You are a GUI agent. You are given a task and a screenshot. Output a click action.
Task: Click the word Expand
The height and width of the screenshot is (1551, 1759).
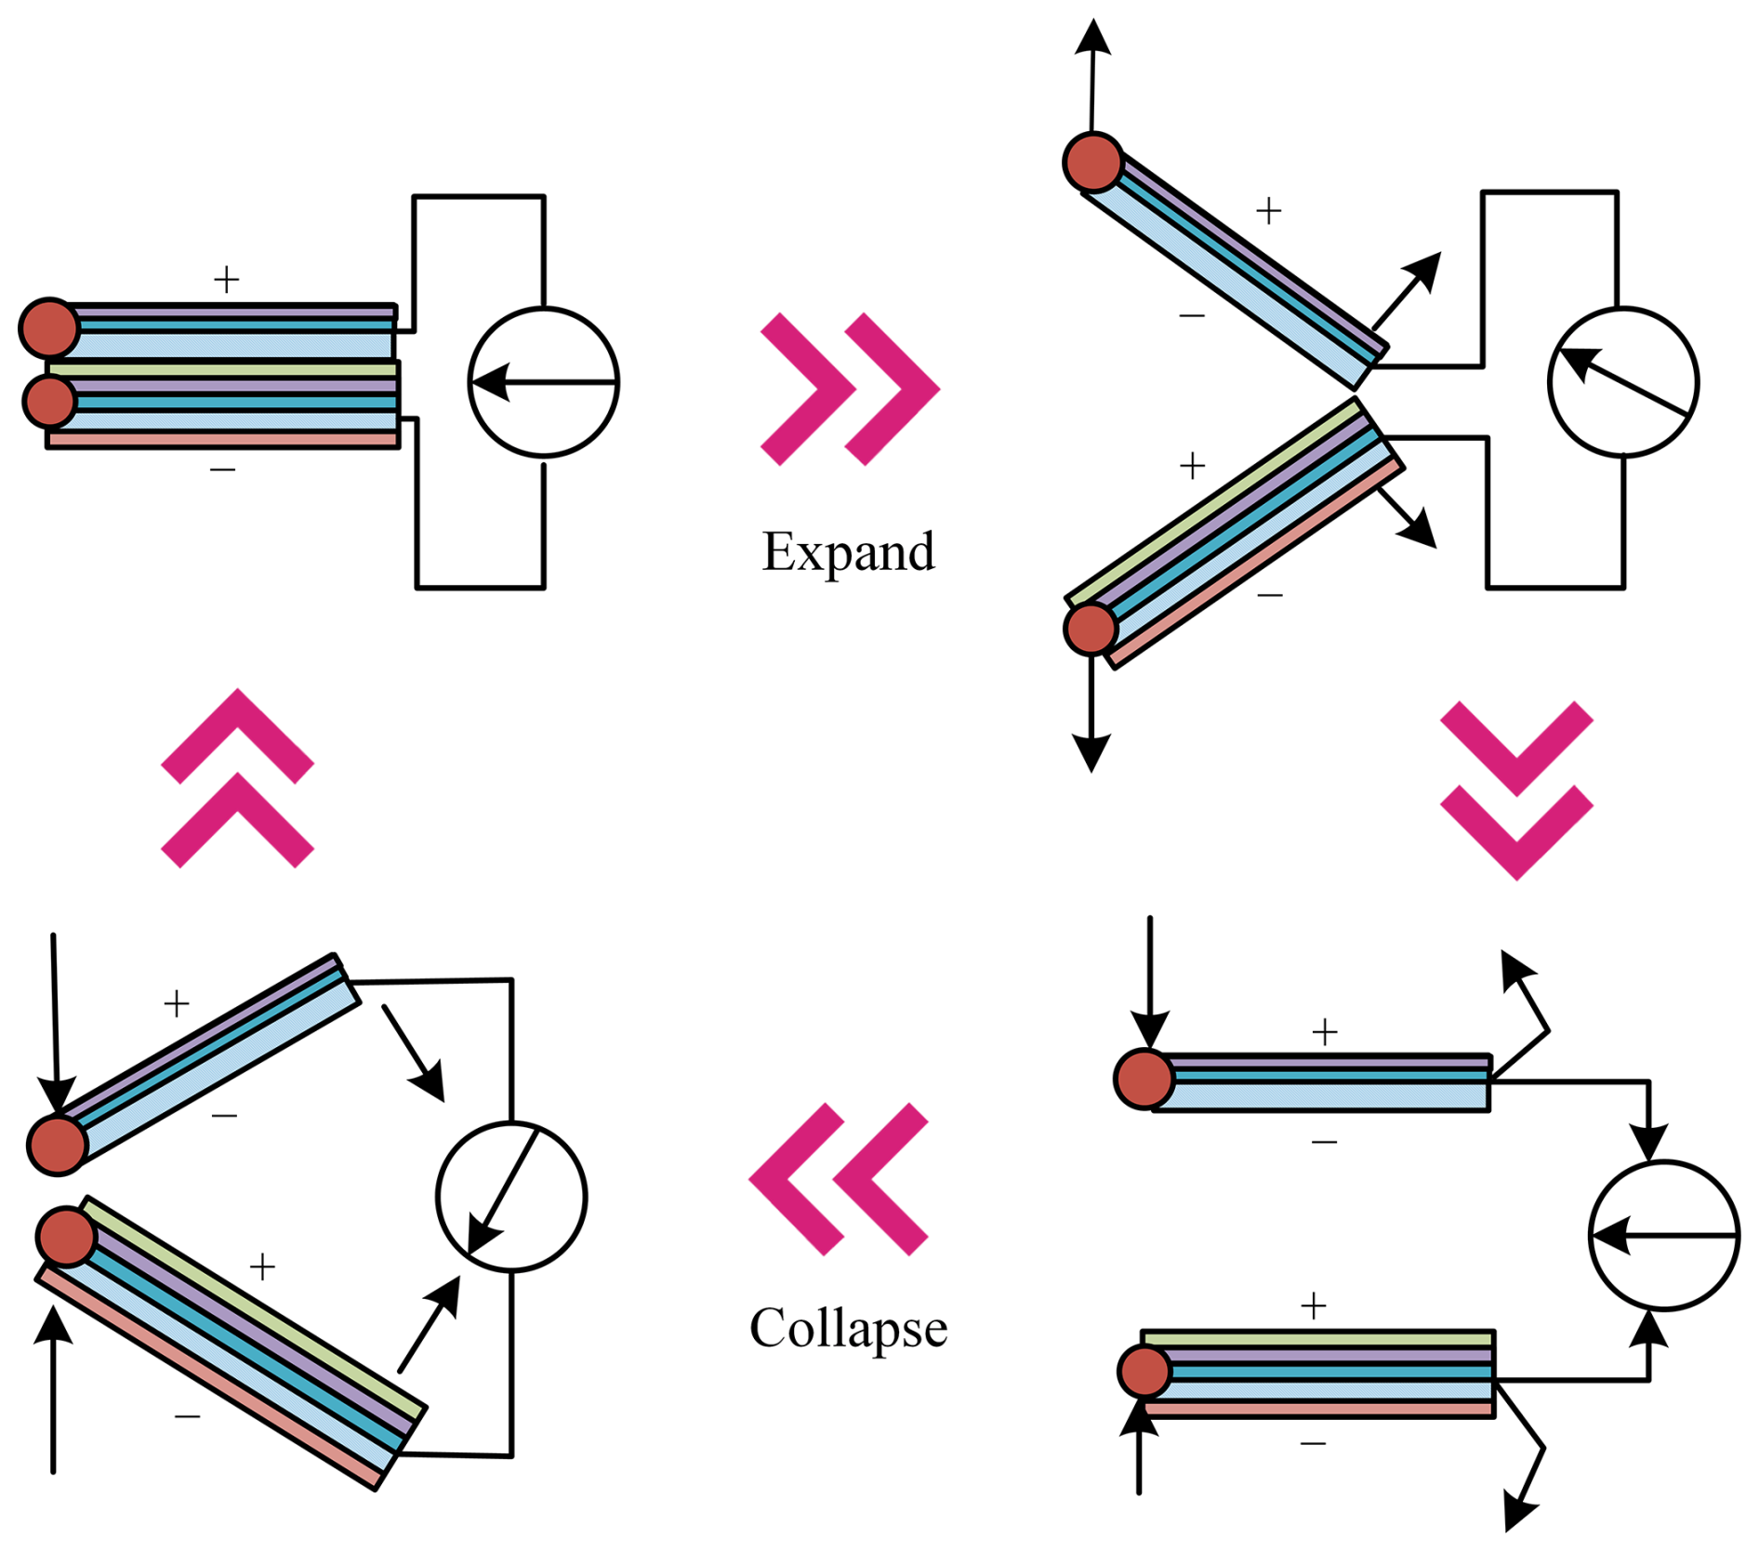(x=848, y=551)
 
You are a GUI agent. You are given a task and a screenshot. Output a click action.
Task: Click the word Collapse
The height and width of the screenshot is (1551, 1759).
(x=848, y=1328)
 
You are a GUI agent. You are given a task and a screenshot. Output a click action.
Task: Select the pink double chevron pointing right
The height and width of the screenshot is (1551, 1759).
(x=850, y=389)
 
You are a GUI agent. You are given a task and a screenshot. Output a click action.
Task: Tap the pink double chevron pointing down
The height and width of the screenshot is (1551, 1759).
(x=1516, y=789)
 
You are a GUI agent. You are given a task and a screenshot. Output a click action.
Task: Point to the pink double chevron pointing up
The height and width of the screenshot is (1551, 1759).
(x=238, y=778)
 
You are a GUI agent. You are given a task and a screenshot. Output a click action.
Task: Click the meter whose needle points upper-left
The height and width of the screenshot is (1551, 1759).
(x=1623, y=382)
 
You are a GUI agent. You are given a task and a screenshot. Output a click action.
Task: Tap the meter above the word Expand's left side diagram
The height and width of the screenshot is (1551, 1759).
(x=544, y=382)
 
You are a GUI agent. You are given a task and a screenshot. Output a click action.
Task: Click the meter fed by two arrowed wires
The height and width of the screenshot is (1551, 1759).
(x=1663, y=1235)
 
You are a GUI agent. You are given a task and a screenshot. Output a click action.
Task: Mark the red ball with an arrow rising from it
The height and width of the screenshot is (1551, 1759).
(x=1093, y=162)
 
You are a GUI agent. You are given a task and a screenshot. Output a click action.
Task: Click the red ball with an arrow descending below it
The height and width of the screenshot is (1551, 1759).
(x=1091, y=629)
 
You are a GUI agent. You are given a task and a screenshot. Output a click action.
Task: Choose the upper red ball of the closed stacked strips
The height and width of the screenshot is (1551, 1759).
(x=49, y=327)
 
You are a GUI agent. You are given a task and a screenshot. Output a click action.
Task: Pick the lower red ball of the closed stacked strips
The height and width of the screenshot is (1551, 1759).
(x=49, y=401)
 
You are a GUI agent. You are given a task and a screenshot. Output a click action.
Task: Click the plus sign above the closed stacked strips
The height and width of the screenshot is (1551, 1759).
(x=226, y=279)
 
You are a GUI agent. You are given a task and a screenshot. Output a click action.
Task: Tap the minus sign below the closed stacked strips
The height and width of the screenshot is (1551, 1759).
(x=223, y=470)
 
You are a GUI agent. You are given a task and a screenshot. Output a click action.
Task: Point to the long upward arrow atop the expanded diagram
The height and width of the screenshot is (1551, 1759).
(x=1092, y=74)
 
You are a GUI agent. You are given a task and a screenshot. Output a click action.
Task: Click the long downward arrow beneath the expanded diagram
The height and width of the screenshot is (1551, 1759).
(x=1091, y=716)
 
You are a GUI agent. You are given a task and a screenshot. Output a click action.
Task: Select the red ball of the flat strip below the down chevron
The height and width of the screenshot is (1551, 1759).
(x=1144, y=1079)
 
